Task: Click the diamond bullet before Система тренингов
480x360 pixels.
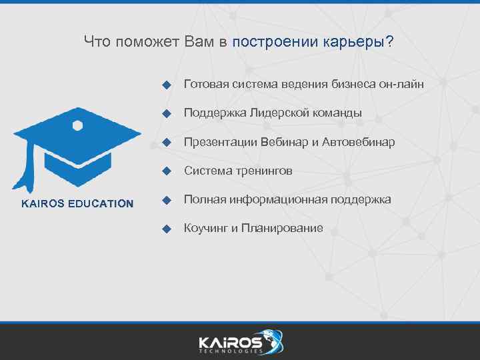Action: (167, 171)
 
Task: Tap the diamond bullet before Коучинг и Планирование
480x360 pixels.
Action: (167, 229)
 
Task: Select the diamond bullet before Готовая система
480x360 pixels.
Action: (167, 85)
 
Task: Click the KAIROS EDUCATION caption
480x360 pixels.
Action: (77, 204)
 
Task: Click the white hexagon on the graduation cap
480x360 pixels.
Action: (77, 125)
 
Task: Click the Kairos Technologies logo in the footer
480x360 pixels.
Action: (240, 341)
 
